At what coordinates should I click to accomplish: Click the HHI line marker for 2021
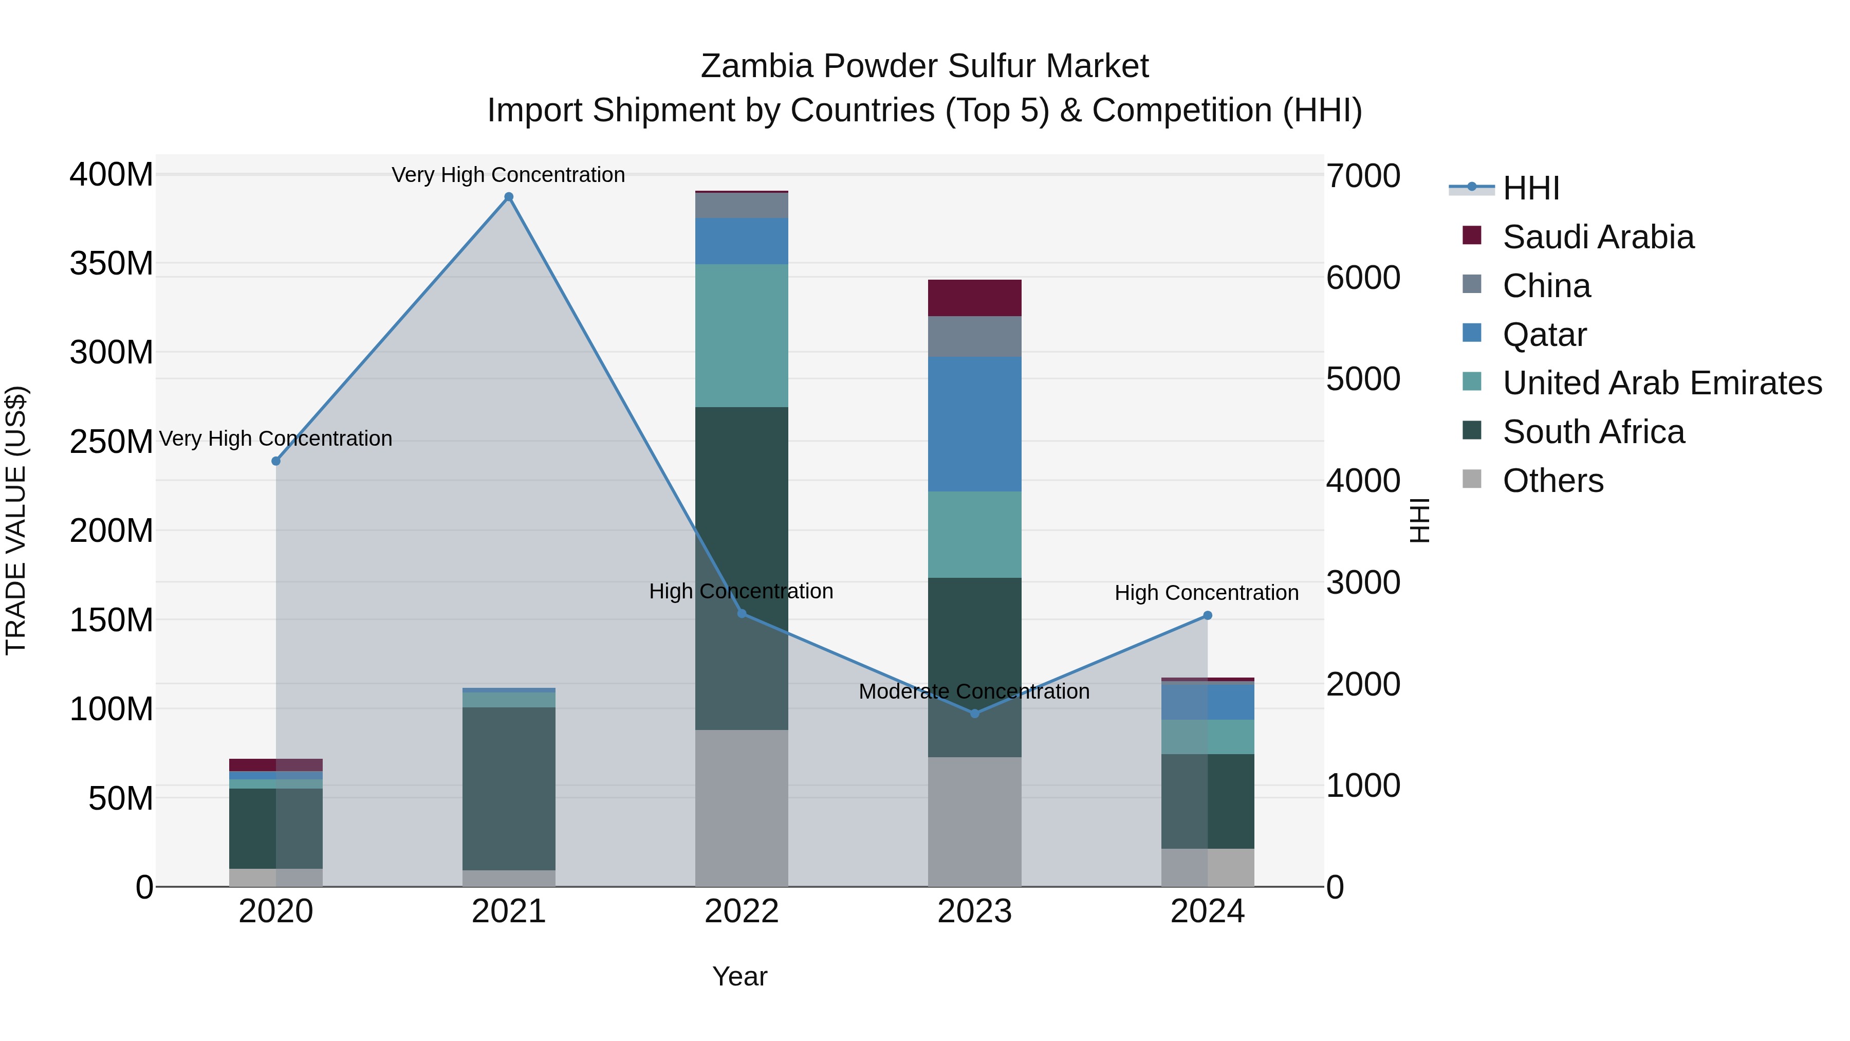click(508, 197)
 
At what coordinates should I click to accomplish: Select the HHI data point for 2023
click(974, 714)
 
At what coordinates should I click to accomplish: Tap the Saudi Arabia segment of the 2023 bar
click(974, 298)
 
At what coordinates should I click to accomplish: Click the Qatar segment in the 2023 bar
click(974, 424)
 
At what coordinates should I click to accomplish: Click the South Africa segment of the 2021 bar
click(508, 788)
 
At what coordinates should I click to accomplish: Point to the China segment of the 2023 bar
click(974, 336)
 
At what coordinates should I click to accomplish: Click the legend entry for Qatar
click(1544, 335)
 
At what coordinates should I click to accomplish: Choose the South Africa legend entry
click(1593, 432)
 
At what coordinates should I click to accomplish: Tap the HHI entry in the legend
click(1530, 188)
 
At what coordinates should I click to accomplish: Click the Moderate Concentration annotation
click(974, 691)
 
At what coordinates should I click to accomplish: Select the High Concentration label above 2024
click(1207, 593)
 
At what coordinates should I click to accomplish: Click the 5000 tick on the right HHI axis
click(1362, 379)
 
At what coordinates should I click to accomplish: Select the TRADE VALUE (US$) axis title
click(16, 520)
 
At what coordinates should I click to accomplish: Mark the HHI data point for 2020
click(276, 461)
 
